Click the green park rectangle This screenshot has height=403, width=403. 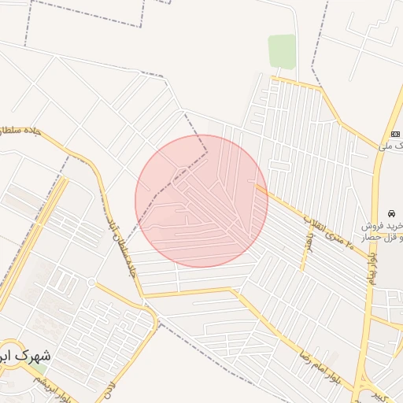pyautogui.click(x=282, y=51)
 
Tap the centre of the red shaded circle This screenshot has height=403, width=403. pyautogui.click(x=201, y=201)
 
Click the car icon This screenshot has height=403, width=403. pyautogui.click(x=391, y=213)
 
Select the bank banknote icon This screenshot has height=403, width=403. pyautogui.click(x=394, y=133)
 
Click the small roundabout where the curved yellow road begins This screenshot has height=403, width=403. pyautogui.click(x=91, y=282)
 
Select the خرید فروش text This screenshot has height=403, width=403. pyautogui.click(x=383, y=226)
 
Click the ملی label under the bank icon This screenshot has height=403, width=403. pyautogui.click(x=386, y=146)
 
